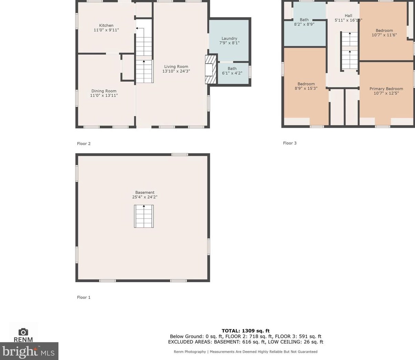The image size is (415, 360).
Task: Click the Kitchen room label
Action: tap(106, 25)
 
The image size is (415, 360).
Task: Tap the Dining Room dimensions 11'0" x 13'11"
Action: tap(104, 95)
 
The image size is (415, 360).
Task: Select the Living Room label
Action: tap(176, 66)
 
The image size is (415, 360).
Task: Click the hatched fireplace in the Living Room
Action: tap(211, 70)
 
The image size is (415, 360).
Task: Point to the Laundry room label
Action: tap(229, 39)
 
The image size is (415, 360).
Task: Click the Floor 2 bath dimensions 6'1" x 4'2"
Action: tap(232, 73)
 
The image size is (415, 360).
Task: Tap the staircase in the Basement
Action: tap(144, 216)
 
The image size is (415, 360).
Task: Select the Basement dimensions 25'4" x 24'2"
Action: tap(145, 197)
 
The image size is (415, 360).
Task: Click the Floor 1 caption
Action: tap(84, 297)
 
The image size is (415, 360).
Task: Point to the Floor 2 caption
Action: tap(84, 144)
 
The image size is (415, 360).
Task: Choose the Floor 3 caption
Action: tap(290, 143)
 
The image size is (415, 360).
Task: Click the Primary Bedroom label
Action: tap(386, 89)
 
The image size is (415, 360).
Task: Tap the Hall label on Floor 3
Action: tap(349, 15)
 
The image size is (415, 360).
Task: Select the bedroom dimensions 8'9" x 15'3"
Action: tap(306, 88)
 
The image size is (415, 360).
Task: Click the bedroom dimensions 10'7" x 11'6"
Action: tap(384, 35)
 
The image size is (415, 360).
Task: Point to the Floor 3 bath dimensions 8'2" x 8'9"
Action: tap(304, 24)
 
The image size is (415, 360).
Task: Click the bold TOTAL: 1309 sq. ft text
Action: tap(245, 331)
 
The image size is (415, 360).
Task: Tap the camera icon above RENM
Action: tap(23, 332)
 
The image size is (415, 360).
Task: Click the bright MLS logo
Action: tap(29, 351)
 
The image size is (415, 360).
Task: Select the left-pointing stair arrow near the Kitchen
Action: tap(140, 29)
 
